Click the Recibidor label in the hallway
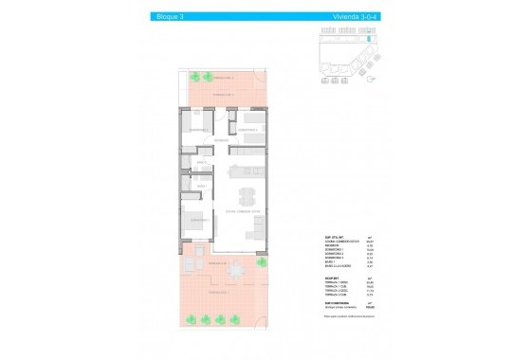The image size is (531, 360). [x=220, y=141]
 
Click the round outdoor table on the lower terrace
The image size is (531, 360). [x=233, y=271]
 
